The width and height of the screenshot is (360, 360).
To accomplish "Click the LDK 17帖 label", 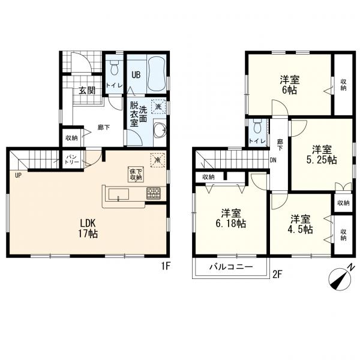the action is (88, 228).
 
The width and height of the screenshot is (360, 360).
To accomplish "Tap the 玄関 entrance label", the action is (87, 91).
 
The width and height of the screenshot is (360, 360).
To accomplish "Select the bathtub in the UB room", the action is (157, 74).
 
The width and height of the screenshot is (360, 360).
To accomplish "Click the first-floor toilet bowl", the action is (114, 67).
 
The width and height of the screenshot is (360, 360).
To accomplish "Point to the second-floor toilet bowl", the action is (258, 127).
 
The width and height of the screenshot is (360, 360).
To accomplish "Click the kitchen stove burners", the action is (154, 193).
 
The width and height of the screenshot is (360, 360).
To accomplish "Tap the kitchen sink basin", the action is (118, 194).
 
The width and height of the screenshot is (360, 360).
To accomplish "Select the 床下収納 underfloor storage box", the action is (136, 174).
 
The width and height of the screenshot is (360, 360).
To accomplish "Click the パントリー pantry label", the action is (72, 160).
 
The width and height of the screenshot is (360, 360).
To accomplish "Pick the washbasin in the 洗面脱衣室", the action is (160, 130).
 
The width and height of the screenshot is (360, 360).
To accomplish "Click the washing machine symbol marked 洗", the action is (158, 107).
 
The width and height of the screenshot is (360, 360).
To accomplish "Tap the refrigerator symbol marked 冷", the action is (158, 160).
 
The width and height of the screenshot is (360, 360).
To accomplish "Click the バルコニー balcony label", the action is (231, 267).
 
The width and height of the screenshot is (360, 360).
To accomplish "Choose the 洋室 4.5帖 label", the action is (301, 224).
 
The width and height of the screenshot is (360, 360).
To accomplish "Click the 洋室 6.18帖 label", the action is (231, 218).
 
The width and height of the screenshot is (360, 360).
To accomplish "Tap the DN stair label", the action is (273, 160).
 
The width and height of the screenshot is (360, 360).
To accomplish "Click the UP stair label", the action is (18, 176).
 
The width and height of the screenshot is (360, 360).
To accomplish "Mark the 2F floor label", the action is (277, 274).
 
